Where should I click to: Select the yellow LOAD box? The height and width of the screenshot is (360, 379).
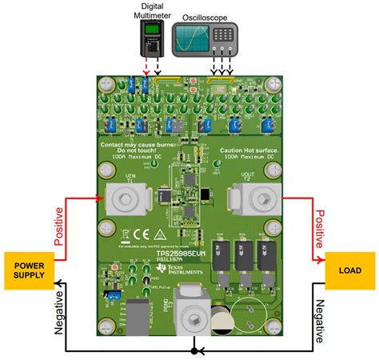[349, 270]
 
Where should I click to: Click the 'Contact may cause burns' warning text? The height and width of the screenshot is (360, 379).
[136, 146]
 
